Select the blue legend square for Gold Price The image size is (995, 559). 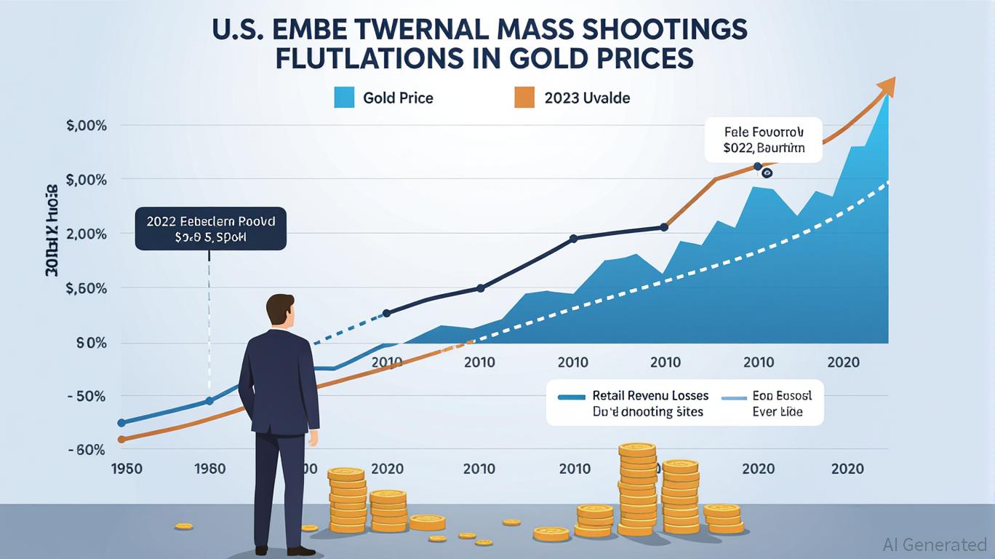[344, 98]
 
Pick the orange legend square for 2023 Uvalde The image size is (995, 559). [524, 98]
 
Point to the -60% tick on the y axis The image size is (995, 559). [86, 451]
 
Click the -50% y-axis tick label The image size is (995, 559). [86, 397]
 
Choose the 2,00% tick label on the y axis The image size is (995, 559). [86, 234]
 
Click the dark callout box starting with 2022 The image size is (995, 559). [210, 229]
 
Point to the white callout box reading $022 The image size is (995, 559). [763, 140]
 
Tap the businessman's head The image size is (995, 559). [279, 312]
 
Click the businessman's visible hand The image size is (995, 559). [313, 438]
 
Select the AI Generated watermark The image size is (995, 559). [935, 544]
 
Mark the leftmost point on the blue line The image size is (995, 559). [121, 422]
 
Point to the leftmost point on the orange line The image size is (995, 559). [121, 439]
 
